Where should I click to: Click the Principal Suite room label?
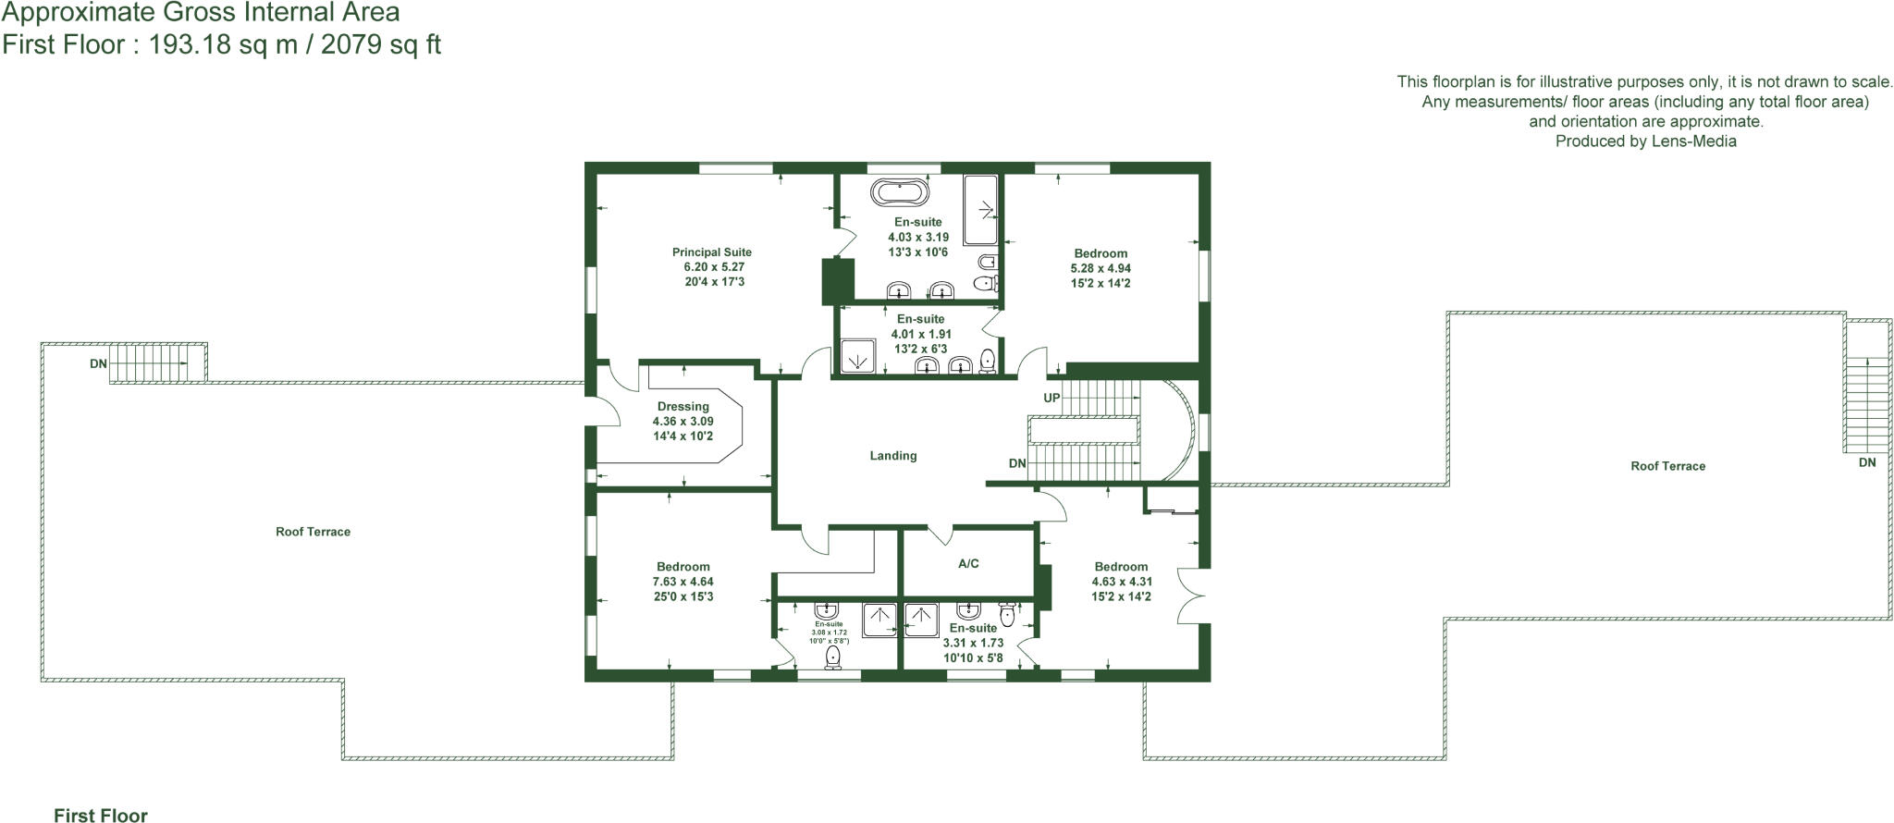point(711,252)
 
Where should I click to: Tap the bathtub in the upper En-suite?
point(900,193)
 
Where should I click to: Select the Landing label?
point(892,456)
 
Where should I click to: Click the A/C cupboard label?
point(968,563)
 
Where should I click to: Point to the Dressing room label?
point(683,406)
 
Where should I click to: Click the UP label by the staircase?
point(1052,399)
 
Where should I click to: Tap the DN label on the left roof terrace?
point(98,364)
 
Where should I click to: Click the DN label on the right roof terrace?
point(1866,462)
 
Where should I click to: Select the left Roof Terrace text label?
point(313,532)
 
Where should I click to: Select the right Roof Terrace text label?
point(1667,466)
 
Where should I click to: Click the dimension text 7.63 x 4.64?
point(683,582)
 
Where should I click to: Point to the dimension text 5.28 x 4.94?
point(1101,268)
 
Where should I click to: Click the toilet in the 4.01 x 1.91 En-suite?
point(987,361)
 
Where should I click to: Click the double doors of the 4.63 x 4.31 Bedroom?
point(1193,596)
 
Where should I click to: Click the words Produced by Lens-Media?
point(1645,141)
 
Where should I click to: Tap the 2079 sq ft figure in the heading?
point(381,44)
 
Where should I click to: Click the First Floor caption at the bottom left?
point(100,815)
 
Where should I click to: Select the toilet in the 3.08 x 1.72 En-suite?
point(833,656)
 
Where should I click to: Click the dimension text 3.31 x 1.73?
point(973,643)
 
